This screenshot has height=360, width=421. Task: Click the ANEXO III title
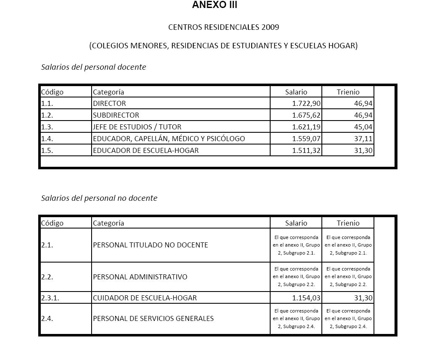215,5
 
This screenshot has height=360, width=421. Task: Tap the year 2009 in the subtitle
270,27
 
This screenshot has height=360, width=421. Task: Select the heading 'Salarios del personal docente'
93,67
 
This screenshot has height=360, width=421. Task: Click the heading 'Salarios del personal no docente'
99,198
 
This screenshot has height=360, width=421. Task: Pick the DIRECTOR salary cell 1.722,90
306,103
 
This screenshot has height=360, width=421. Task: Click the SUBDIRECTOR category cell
116,115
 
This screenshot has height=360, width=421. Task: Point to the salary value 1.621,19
306,127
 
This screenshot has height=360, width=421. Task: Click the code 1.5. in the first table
47,150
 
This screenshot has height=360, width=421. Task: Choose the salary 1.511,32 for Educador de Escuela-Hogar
306,150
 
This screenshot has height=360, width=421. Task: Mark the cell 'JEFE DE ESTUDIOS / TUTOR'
137,127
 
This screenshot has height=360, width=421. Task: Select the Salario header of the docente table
296,92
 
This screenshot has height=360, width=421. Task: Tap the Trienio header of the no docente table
348,223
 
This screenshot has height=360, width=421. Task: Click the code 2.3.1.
50,298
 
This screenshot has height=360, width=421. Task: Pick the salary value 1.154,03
306,298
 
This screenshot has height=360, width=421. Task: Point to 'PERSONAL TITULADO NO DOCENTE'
150,245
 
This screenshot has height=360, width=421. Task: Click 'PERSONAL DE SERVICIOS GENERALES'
153,318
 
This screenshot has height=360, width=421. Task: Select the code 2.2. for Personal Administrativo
47,277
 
